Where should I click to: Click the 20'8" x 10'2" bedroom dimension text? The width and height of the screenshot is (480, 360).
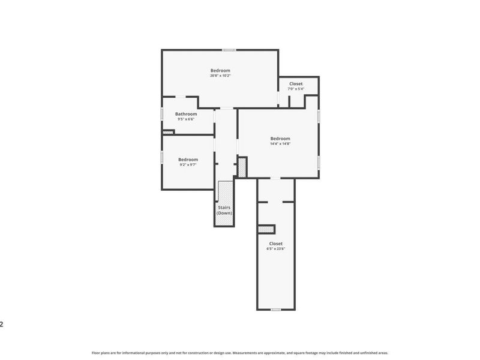[220, 76]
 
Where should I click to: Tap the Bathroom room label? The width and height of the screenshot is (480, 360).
[186, 114]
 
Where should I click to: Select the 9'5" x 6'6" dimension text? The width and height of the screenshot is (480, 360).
[186, 119]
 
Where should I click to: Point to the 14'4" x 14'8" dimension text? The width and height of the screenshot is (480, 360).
[280, 143]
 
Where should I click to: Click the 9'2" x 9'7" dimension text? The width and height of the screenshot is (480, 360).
[188, 165]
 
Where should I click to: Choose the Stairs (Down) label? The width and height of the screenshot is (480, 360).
[224, 210]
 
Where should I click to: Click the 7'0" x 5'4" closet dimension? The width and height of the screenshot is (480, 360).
[296, 89]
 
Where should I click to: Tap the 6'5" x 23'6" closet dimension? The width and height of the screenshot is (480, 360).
[275, 248]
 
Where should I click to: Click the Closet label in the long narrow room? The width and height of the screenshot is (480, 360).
[275, 243]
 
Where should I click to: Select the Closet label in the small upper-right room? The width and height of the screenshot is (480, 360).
[296, 83]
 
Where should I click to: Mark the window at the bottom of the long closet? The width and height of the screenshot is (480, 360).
[275, 310]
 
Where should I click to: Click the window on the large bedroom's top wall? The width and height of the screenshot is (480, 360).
[228, 50]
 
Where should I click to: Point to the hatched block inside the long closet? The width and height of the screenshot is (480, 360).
[265, 229]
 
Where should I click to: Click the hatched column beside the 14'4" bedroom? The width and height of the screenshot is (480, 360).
[242, 166]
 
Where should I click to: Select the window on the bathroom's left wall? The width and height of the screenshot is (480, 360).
[161, 113]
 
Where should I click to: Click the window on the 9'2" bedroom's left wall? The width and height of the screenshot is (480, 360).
[161, 157]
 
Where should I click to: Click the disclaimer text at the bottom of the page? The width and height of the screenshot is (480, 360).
[240, 353]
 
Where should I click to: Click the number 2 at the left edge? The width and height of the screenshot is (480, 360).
[2, 324]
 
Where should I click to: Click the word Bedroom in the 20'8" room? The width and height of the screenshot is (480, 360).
[220, 70]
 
